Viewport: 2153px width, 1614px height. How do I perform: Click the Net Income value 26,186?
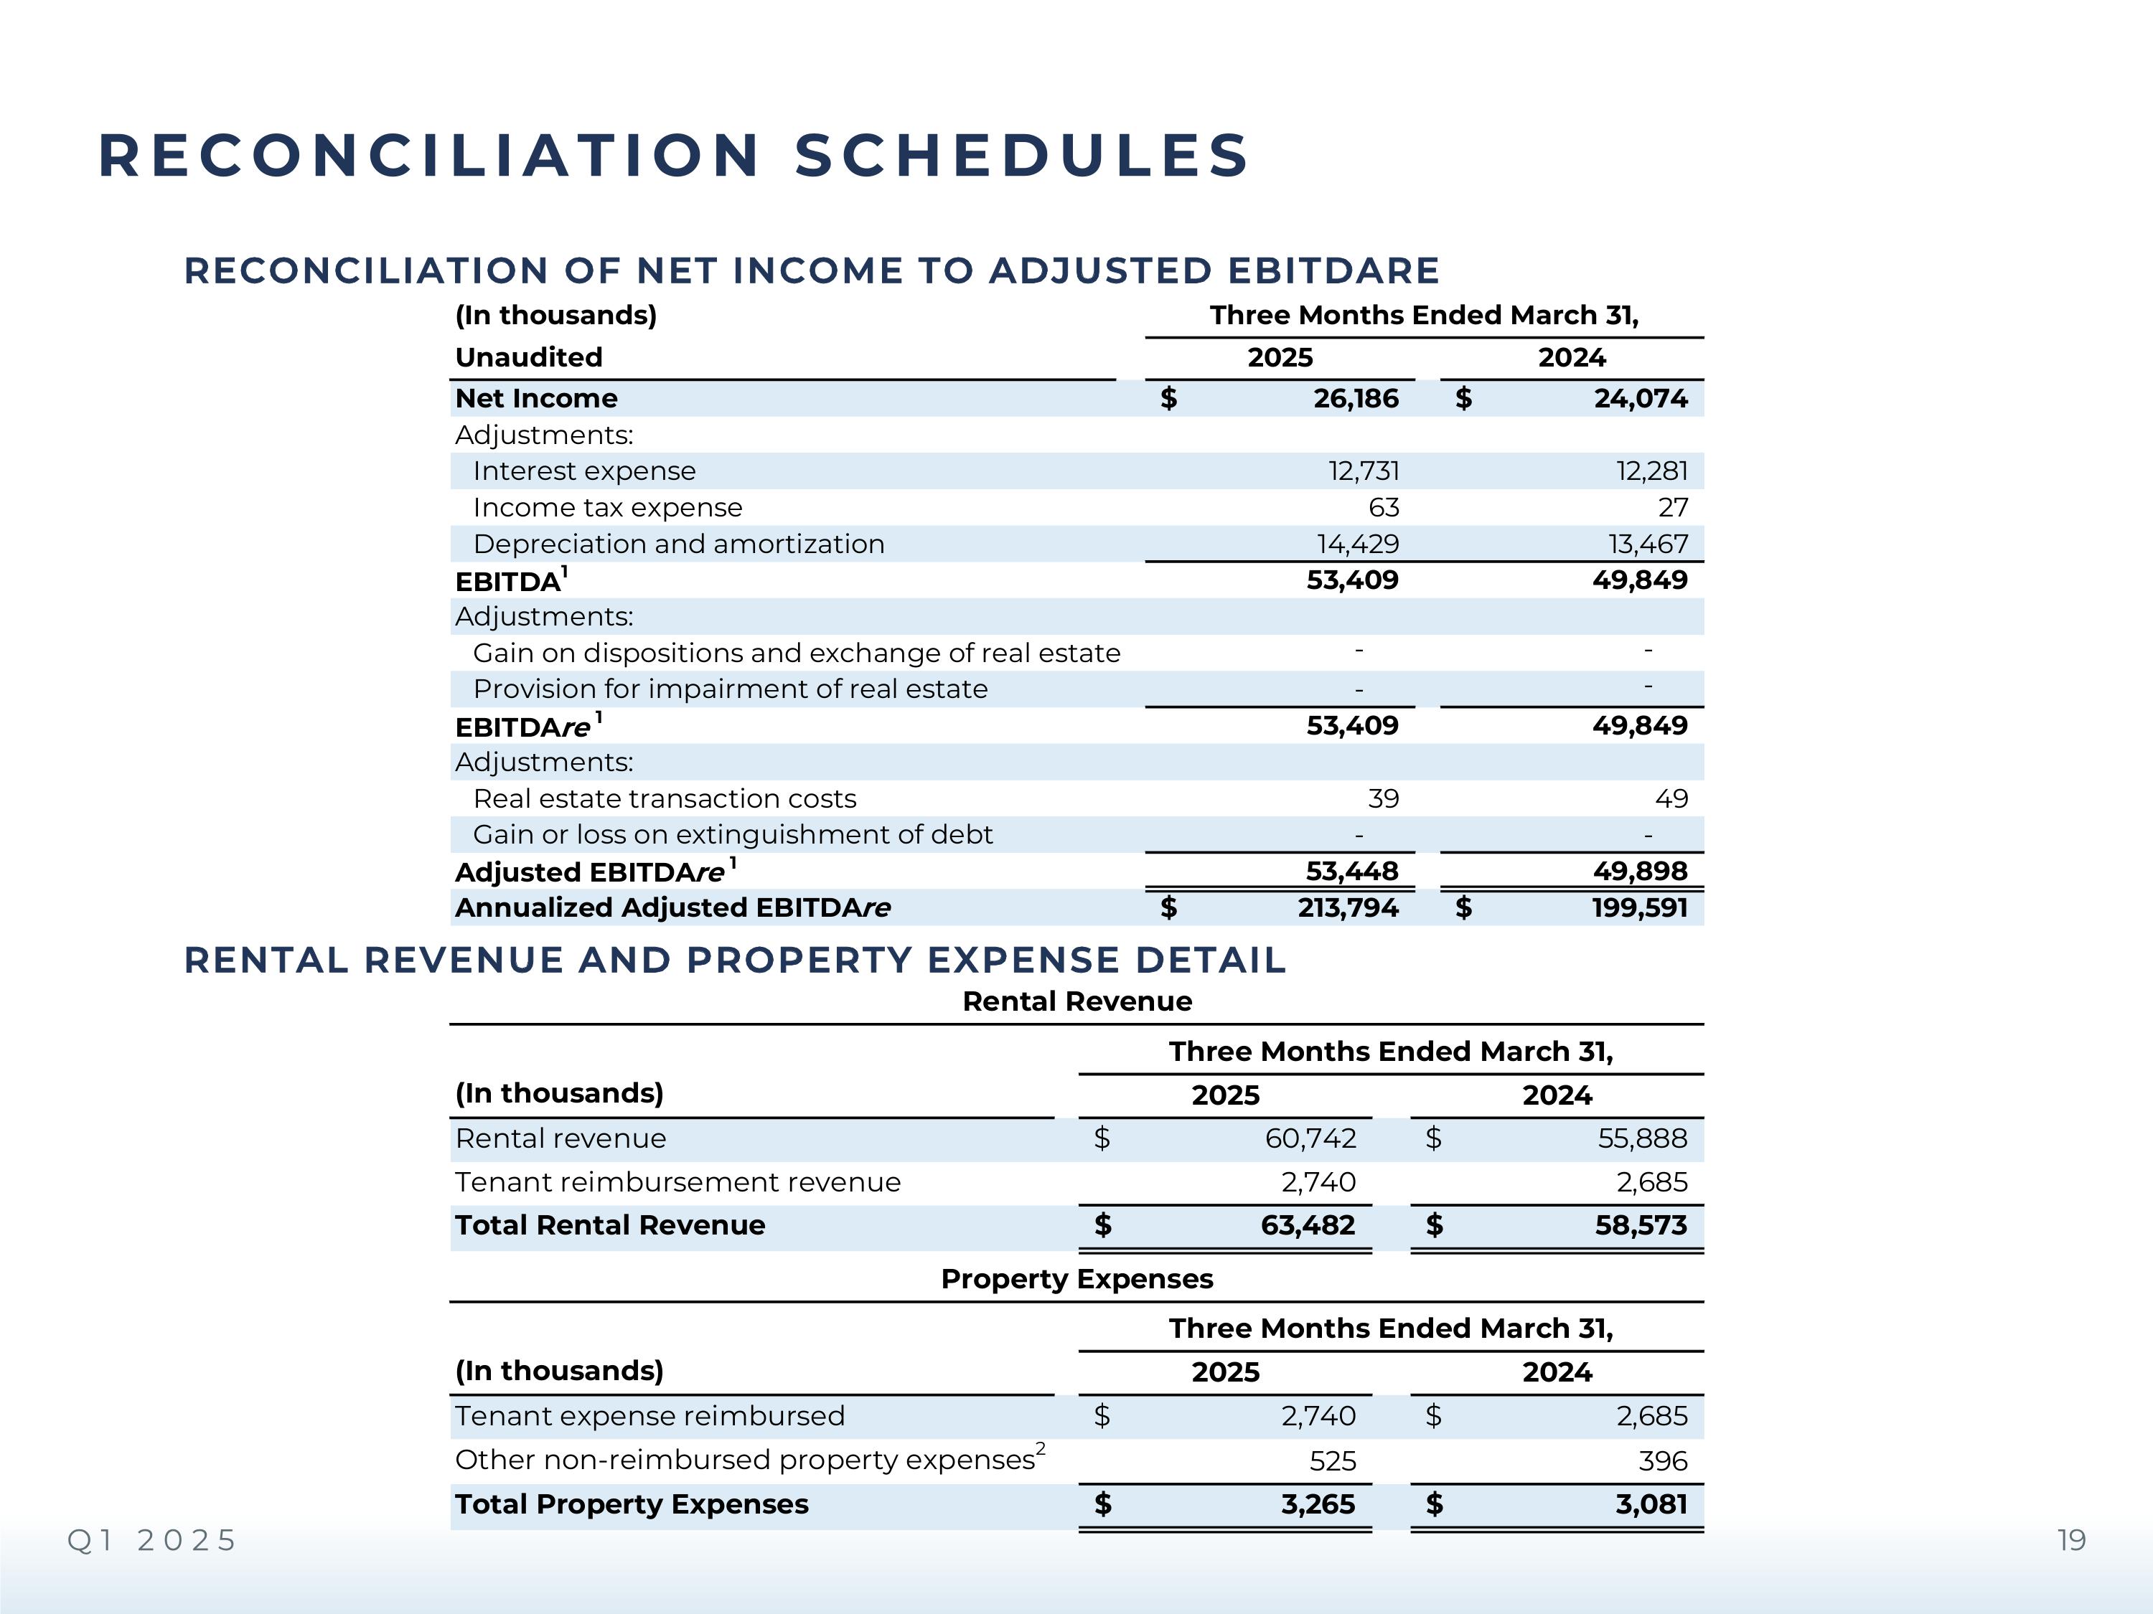[x=1355, y=399]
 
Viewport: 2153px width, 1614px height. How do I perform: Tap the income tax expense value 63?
[x=1383, y=508]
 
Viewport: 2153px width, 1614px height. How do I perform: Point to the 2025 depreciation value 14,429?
[x=1358, y=544]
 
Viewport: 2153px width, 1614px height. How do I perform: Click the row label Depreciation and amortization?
[x=678, y=544]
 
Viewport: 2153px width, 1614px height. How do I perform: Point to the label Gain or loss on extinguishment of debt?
[x=732, y=836]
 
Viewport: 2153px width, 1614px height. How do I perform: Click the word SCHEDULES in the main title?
[x=1021, y=156]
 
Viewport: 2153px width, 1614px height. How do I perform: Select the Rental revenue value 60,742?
[x=1310, y=1139]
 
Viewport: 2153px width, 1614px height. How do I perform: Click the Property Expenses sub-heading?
[x=1076, y=1279]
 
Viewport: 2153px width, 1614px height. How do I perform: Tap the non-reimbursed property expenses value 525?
[x=1333, y=1461]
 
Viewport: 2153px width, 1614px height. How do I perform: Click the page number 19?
[x=2071, y=1541]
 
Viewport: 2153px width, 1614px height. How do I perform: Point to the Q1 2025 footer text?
[x=152, y=1541]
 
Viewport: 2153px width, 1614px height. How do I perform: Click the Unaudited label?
[x=528, y=358]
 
